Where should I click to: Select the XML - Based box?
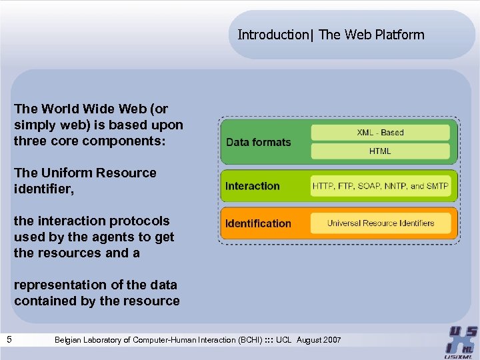(381, 133)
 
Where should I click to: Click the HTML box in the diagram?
(381, 151)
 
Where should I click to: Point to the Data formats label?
(259, 142)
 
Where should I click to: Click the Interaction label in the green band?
(253, 186)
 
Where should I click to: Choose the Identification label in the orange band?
(259, 223)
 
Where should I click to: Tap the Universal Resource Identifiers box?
(381, 223)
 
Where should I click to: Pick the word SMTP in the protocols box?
(437, 186)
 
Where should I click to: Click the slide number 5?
(9, 340)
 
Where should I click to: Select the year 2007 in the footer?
(331, 341)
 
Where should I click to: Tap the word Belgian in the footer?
(69, 341)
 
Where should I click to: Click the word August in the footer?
(308, 341)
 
